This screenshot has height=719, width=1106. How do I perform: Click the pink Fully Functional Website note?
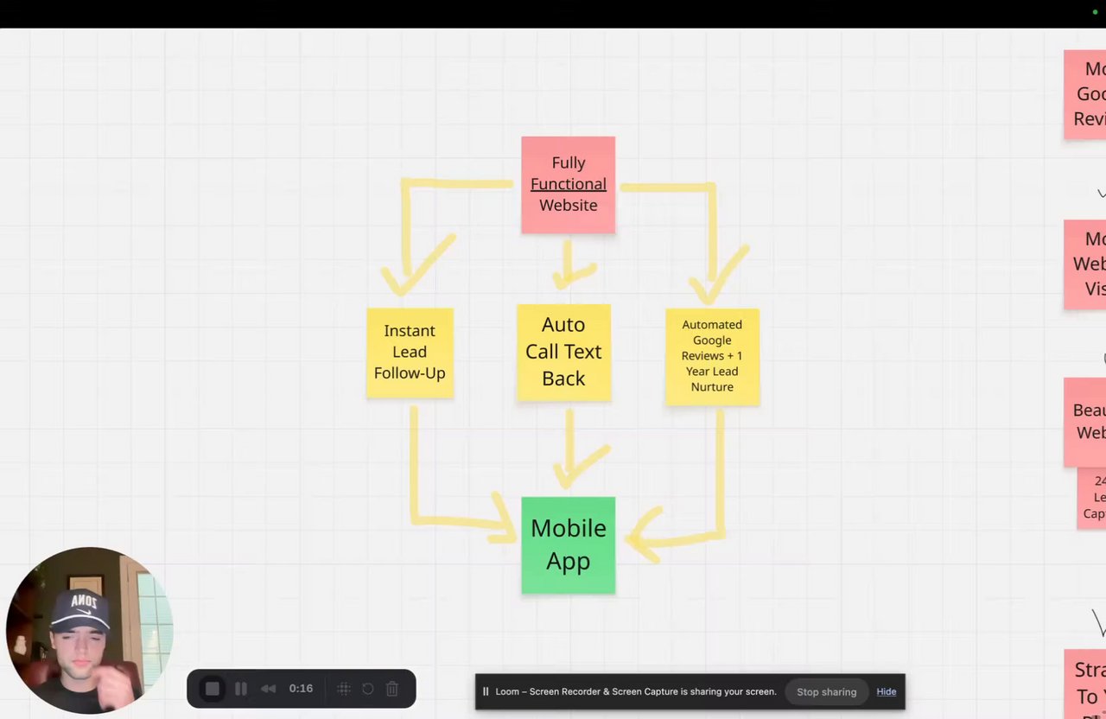568,184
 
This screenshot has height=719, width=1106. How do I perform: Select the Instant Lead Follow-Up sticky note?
410,352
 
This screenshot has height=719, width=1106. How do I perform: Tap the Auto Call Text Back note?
563,352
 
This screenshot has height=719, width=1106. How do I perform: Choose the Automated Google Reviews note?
712,356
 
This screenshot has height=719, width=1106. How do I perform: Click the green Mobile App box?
568,544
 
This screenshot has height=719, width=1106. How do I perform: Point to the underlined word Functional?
568,184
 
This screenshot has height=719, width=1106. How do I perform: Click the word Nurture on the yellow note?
712,387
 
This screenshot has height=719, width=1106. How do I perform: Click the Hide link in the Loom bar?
886,691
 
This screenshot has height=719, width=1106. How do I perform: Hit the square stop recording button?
213,689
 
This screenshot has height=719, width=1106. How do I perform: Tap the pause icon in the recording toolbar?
241,689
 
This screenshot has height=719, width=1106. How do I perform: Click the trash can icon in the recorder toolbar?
392,689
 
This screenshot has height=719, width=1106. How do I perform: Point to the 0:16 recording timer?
301,689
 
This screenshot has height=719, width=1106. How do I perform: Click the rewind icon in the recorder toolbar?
269,689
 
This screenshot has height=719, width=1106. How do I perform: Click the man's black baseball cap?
80,609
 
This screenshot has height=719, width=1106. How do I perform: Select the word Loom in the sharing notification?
507,691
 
